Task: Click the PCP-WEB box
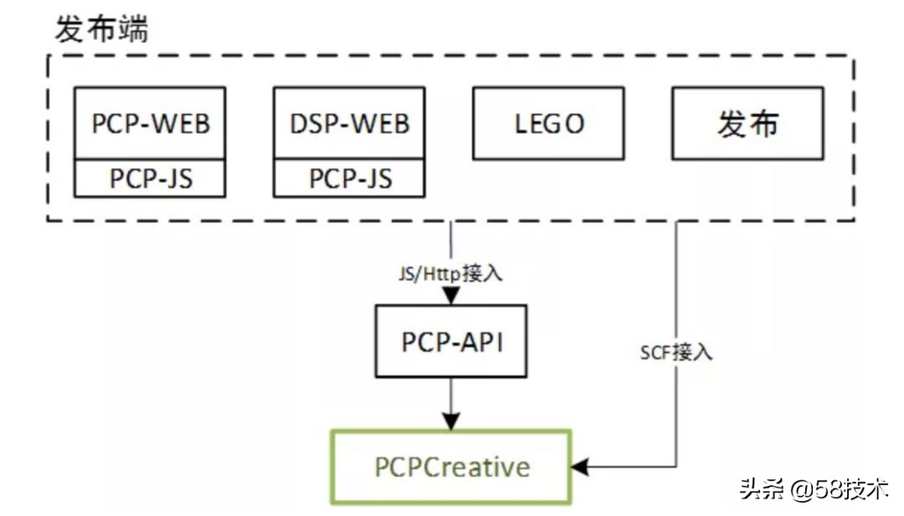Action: pyautogui.click(x=150, y=124)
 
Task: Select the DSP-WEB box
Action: pyautogui.click(x=349, y=124)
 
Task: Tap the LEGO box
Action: pyautogui.click(x=548, y=124)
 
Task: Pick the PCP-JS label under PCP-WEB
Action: pyautogui.click(x=150, y=178)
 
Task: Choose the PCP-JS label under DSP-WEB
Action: pyautogui.click(x=349, y=178)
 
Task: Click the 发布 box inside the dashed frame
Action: pyautogui.click(x=747, y=124)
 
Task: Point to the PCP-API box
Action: pyautogui.click(x=452, y=341)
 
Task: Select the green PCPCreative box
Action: pyautogui.click(x=451, y=467)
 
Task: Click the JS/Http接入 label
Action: pyautogui.click(x=453, y=273)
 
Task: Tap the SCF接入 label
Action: pyautogui.click(x=676, y=352)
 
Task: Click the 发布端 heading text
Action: pyautogui.click(x=101, y=29)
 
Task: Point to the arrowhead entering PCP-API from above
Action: pyautogui.click(x=452, y=297)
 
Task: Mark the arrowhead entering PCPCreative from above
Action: pyautogui.click(x=452, y=422)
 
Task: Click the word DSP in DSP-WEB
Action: pyautogui.click(x=311, y=124)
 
